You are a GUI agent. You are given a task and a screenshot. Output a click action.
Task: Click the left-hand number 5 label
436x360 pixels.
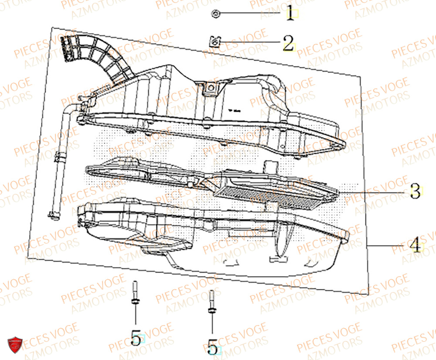click(136, 337)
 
